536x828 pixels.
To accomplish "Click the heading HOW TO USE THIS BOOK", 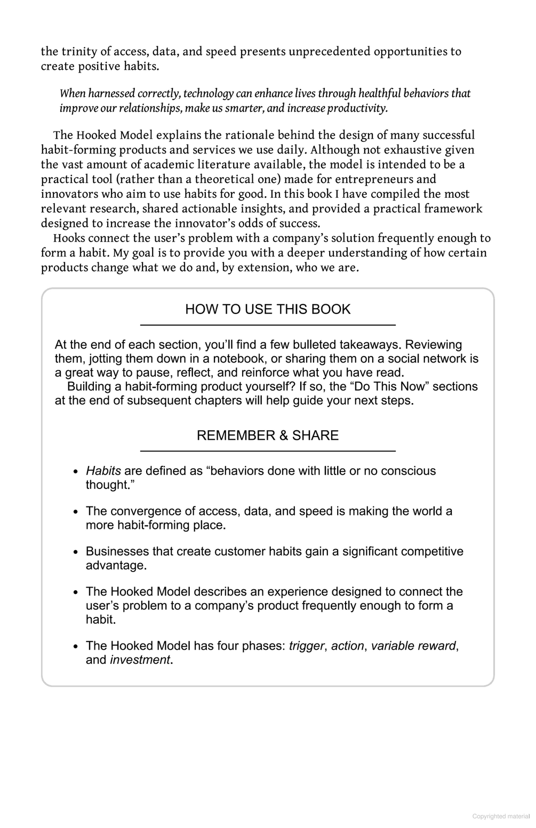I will tap(268, 309).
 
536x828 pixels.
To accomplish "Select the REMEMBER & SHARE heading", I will tap(268, 435).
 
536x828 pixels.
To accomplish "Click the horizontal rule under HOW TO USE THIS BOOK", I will tap(268, 324).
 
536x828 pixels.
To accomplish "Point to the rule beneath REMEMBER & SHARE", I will tap(268, 451).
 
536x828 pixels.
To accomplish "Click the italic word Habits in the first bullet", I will tap(103, 471).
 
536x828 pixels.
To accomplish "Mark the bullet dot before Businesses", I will tap(76, 552).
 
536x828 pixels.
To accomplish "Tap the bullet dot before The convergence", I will tap(76, 512).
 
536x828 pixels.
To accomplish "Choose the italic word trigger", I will tap(307, 646).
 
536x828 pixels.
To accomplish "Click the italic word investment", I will tap(140, 660).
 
